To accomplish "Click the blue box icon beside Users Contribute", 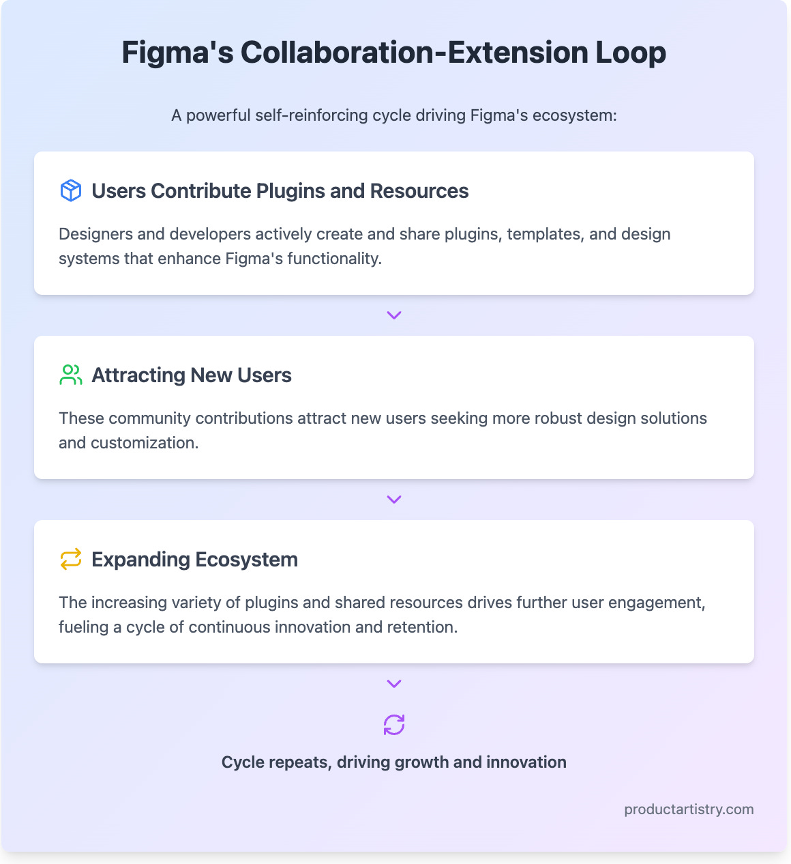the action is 71,190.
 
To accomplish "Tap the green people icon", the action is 71,375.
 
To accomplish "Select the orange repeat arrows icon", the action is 71,559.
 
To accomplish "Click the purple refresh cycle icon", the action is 394,725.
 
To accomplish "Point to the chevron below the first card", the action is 394,315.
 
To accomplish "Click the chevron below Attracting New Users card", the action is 394,500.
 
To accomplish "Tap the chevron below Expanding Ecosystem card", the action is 394,684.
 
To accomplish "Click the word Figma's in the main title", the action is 177,53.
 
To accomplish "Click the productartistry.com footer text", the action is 689,809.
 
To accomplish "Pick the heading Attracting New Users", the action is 192,375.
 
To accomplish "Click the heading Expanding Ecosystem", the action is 194,559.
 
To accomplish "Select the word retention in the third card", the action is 423,627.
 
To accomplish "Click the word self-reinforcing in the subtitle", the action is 312,115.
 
